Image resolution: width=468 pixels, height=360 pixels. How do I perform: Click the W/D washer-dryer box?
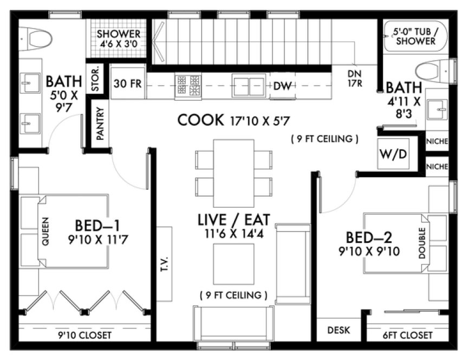392,153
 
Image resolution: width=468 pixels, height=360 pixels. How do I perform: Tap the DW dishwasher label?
281,86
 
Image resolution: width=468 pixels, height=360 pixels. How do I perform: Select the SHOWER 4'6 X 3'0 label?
119,38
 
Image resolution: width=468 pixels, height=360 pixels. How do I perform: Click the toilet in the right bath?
434,71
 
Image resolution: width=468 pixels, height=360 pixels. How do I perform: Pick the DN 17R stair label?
355,79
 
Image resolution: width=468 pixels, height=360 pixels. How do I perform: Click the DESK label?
339,330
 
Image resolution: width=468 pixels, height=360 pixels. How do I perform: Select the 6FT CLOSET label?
408,336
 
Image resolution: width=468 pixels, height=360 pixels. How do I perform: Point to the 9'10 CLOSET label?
85,336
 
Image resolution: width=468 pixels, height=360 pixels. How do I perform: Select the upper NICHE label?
437,142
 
